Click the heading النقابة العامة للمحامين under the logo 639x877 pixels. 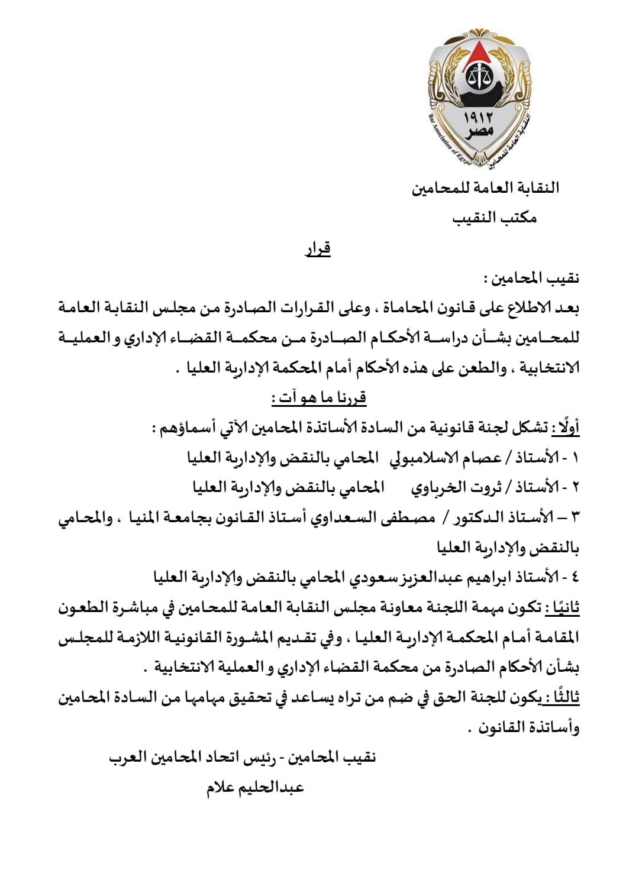(486, 189)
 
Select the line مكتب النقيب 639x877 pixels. (495, 218)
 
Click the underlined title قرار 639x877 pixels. (318, 248)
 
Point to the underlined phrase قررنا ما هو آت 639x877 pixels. (319, 398)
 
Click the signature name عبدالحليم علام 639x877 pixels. (255, 788)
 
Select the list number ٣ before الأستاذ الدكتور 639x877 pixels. (574, 518)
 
